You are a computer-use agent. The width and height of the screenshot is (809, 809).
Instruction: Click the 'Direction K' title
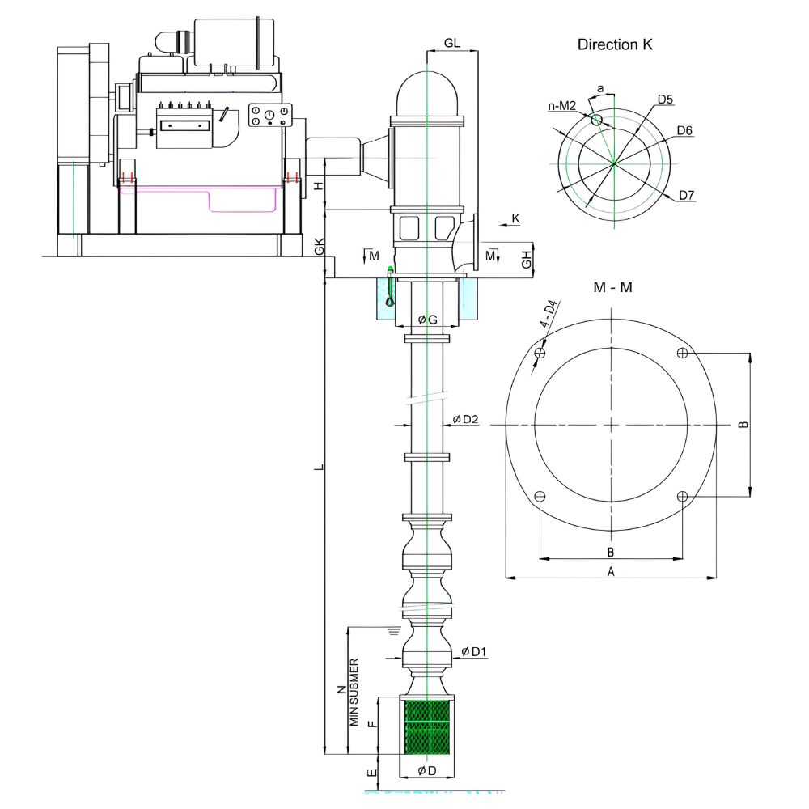pos(615,44)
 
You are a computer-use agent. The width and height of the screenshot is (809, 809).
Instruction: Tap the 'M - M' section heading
pos(612,287)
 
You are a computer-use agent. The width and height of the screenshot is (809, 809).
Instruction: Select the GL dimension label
pos(451,44)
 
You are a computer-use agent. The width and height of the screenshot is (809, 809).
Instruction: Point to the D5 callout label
pos(665,99)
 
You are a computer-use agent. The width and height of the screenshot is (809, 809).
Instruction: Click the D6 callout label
pos(684,130)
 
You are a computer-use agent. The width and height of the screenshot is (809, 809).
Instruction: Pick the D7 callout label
pos(686,195)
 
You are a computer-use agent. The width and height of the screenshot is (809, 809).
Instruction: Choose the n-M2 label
pos(562,106)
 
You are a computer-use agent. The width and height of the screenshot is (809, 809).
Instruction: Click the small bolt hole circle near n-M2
pos(596,120)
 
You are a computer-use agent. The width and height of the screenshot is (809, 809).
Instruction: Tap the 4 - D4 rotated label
pos(549,314)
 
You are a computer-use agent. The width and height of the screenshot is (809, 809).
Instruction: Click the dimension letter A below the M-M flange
pos(611,572)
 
